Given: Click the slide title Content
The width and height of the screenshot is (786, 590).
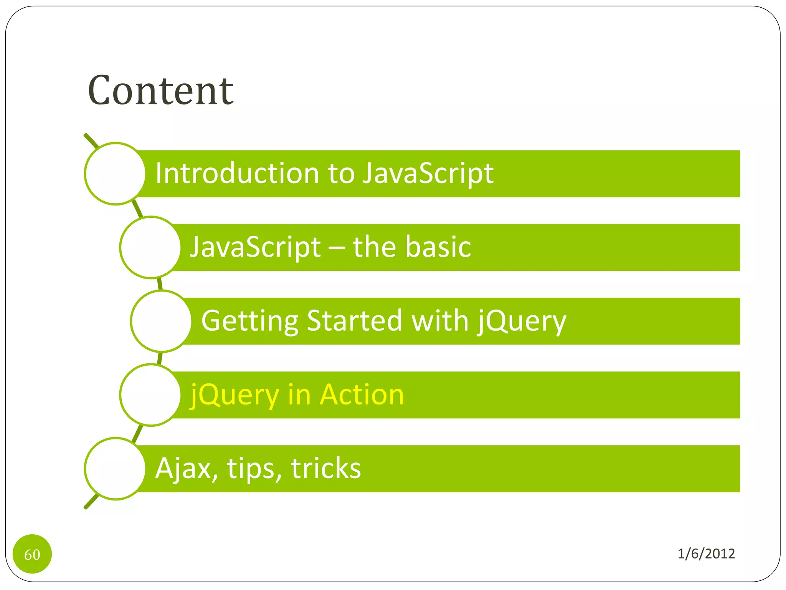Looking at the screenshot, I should [x=160, y=91].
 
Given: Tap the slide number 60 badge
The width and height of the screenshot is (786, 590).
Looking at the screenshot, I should [x=32, y=554].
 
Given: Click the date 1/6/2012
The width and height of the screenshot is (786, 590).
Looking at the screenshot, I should [x=706, y=554].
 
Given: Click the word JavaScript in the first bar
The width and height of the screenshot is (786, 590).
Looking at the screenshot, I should [x=428, y=173].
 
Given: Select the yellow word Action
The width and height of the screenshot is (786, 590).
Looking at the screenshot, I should [x=362, y=394].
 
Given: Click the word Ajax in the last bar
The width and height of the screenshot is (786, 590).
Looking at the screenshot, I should [x=187, y=468].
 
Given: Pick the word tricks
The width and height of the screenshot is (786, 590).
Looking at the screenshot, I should [x=326, y=468].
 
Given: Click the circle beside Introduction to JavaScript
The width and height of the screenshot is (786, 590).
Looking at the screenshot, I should [x=115, y=174].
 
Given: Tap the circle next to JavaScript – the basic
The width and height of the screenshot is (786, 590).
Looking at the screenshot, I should [x=150, y=247].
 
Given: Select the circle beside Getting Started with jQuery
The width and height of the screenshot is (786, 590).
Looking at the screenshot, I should [x=161, y=321].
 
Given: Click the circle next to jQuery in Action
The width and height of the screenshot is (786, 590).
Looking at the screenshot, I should [x=150, y=395].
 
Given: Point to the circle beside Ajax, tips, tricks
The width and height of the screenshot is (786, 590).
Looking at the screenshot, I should [x=115, y=469].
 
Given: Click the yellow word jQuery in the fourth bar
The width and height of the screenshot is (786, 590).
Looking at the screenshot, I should [x=234, y=394].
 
